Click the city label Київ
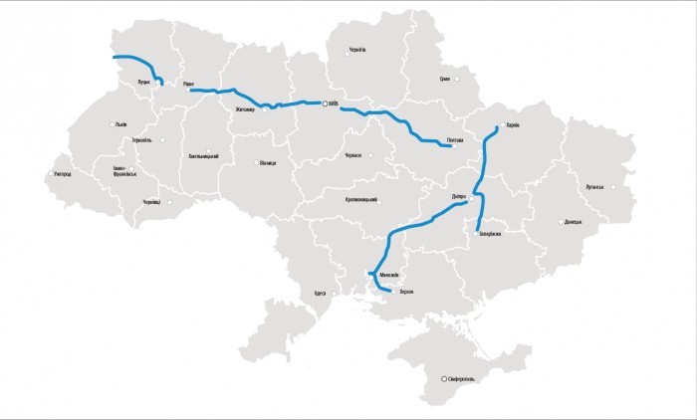click(336, 102)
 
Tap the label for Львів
click(121, 124)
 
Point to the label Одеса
click(320, 294)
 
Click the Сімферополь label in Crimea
click(464, 379)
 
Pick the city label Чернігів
click(357, 49)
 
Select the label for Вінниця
click(266, 163)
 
